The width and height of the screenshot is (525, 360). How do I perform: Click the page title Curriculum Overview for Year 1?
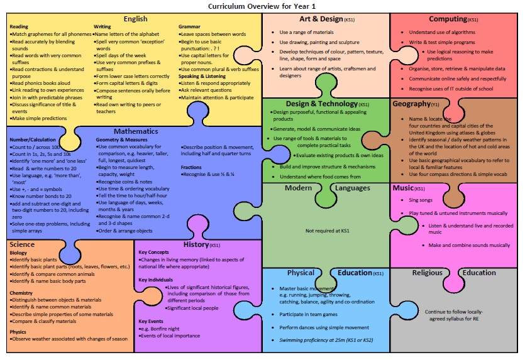point(262,6)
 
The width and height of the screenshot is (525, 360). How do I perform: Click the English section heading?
point(135,19)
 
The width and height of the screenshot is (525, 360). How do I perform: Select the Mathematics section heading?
point(136,131)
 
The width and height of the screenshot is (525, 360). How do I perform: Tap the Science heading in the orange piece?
point(22,244)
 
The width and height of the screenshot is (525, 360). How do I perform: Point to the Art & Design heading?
point(327,19)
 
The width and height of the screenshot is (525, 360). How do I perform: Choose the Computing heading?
point(453,19)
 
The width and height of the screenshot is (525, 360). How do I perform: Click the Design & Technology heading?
point(327,104)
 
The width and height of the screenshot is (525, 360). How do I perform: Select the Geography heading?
point(416,104)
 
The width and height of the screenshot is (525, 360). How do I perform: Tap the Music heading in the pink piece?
point(409,188)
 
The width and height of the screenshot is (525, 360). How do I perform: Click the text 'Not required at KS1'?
point(327,231)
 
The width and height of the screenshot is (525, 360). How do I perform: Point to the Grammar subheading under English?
point(189,26)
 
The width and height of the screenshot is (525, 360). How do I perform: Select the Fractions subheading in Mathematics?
point(191,167)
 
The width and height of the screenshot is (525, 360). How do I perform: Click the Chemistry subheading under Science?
point(21,293)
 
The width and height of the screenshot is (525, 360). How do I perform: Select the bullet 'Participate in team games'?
point(308,314)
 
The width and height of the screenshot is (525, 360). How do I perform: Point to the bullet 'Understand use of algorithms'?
point(442,32)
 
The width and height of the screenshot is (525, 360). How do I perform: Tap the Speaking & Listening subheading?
point(202,76)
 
